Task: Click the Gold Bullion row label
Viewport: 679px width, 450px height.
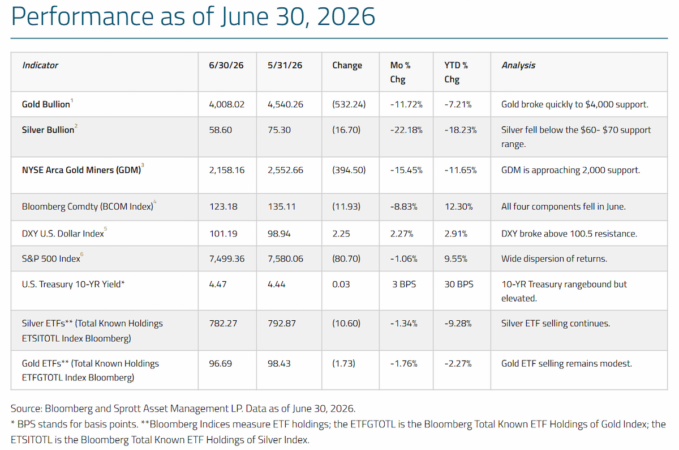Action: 46,104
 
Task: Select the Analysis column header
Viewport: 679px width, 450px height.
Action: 518,65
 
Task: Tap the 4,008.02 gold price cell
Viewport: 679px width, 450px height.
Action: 226,104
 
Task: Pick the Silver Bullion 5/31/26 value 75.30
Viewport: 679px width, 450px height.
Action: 279,130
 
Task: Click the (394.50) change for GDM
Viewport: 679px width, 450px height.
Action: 349,170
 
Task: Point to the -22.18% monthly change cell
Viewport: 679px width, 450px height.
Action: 406,130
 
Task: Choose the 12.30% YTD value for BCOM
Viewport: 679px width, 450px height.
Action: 458,206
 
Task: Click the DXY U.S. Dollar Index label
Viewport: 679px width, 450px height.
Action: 63,234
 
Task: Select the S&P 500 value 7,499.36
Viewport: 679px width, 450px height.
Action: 227,258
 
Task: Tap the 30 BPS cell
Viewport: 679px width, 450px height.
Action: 459,284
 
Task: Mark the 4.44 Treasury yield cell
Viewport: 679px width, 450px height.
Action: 276,284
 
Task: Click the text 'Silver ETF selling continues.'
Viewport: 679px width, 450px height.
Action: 555,324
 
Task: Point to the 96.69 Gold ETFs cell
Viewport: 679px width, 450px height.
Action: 220,363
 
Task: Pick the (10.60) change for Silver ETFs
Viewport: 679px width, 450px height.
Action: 346,324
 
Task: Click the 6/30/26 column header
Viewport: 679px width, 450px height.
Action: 226,65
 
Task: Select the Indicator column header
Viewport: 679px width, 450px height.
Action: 40,65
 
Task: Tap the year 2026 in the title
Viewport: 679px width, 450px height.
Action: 346,16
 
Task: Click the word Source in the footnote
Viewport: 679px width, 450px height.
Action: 27,409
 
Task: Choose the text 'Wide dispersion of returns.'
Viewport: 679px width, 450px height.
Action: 554,258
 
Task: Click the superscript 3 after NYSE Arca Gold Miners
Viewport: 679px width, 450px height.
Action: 143,165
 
